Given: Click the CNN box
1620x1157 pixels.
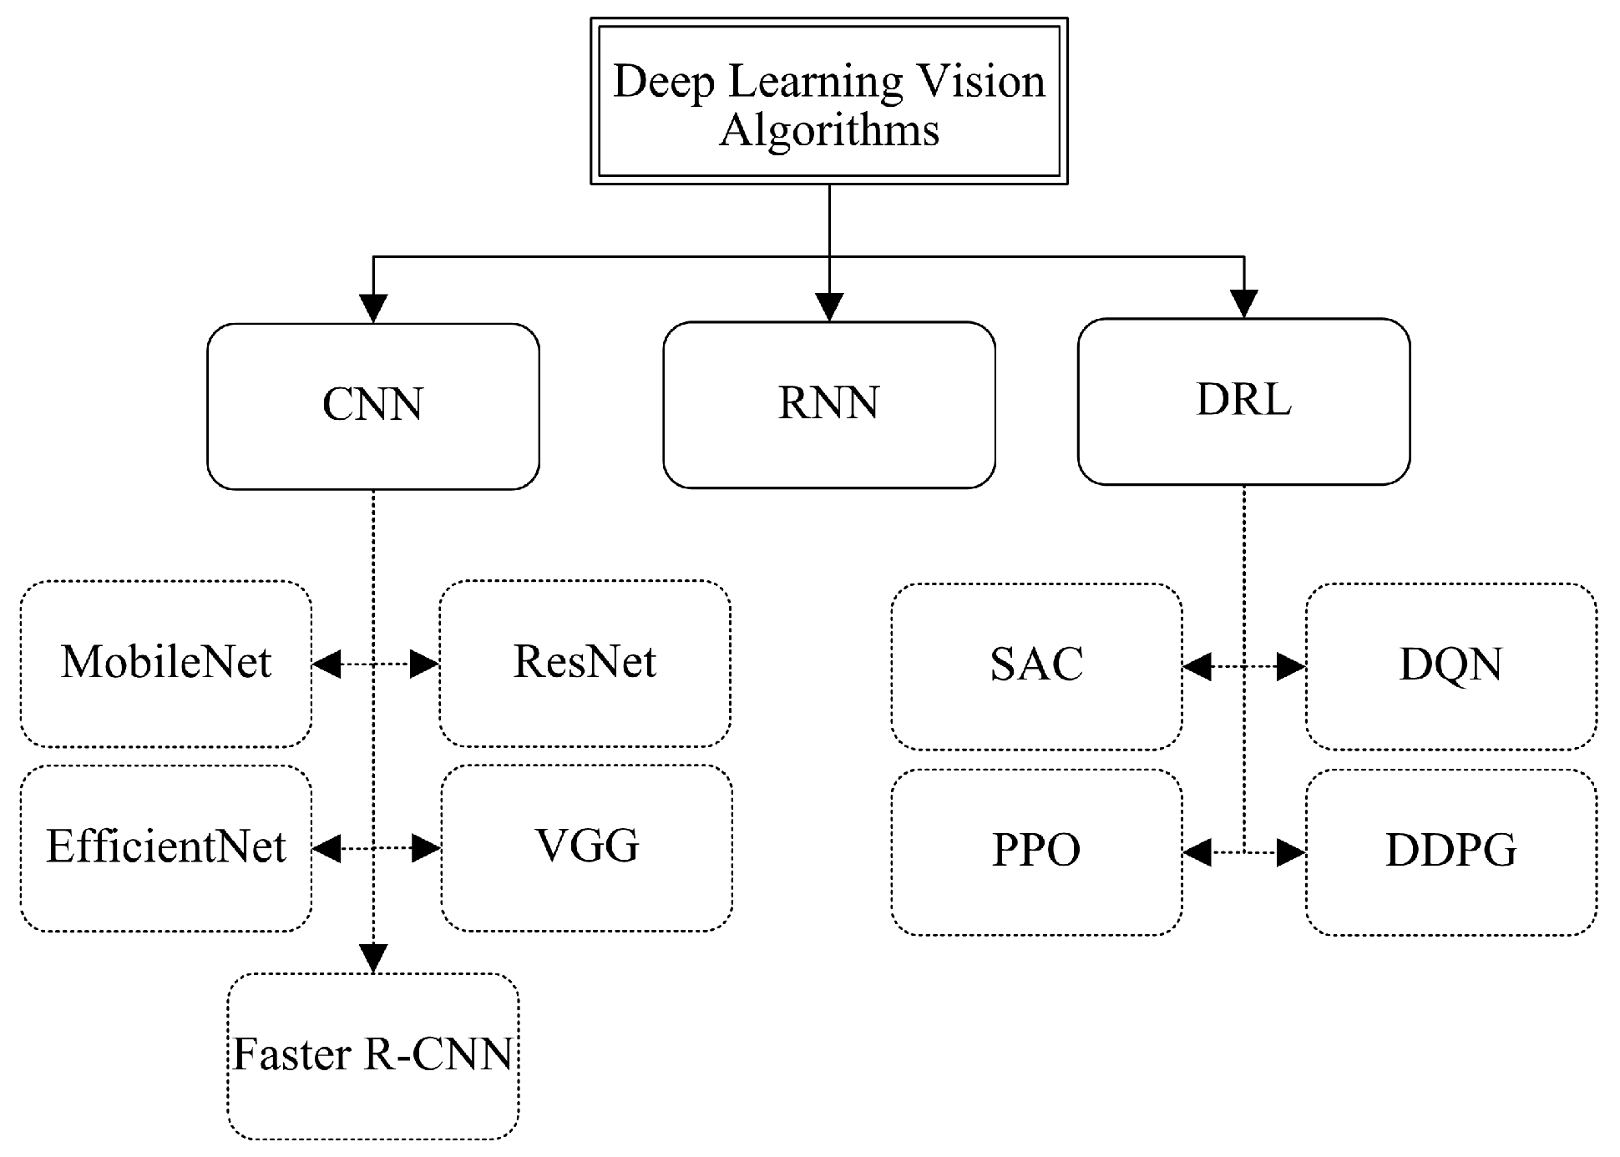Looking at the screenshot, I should [372, 406].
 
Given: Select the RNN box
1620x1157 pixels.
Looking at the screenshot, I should [828, 404].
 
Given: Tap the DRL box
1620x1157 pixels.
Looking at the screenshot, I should [1243, 401].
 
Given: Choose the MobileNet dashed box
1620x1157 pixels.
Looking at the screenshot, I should [165, 664].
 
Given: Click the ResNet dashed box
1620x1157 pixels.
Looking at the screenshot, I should [585, 664].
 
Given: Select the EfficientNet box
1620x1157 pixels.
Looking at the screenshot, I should [165, 848].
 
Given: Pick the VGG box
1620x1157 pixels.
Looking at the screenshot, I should [586, 848].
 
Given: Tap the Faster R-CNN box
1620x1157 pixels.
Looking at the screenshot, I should [372, 1056].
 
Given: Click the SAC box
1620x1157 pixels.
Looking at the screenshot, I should [1036, 666].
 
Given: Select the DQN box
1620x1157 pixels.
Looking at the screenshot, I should [1450, 666].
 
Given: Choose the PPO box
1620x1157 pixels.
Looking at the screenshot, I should [1036, 852].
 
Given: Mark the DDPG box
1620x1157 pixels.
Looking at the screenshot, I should [1450, 852].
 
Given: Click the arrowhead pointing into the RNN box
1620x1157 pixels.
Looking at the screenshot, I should [828, 308].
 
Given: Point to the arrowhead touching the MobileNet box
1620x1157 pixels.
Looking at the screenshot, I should [327, 664].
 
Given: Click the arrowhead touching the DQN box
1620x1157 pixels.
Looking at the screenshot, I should [1291, 666].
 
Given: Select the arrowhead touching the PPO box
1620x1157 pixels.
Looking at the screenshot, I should [1198, 852].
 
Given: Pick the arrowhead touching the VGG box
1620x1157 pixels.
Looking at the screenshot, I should [426, 848].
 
